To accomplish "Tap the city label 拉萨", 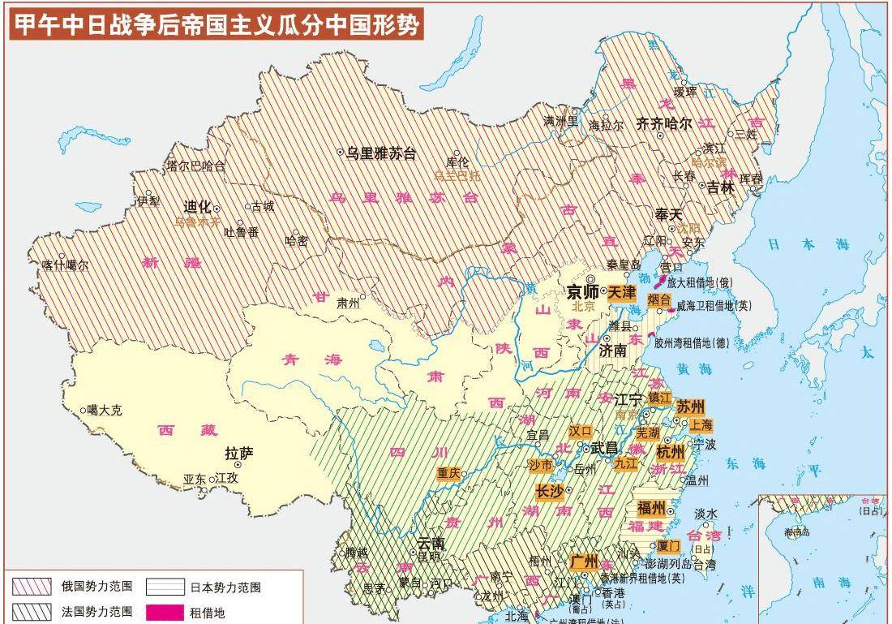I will click(x=238, y=453).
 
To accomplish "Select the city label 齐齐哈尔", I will click(x=663, y=123).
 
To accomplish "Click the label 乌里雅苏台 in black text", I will click(x=380, y=153).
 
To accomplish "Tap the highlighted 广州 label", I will click(x=584, y=562).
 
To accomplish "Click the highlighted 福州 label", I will click(x=651, y=509).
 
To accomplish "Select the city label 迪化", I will click(x=197, y=206).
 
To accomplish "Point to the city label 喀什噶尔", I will click(x=65, y=265).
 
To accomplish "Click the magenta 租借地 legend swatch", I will click(x=165, y=612).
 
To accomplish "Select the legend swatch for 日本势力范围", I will click(x=165, y=586).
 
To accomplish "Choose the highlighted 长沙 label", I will click(x=549, y=490).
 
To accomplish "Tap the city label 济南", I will click(x=613, y=351).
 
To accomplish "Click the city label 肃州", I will click(x=348, y=303).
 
